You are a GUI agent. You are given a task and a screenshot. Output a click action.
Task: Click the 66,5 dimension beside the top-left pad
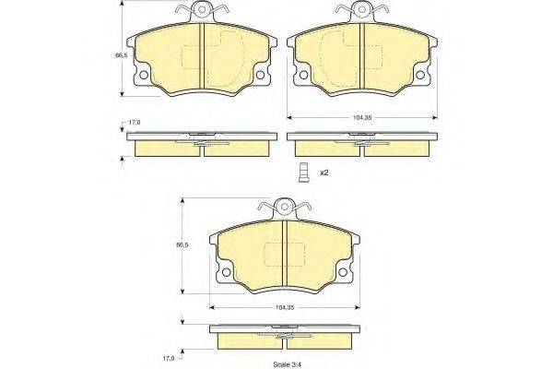pyautogui.click(x=120, y=56)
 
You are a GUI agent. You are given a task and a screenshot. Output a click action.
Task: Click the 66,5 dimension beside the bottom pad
pyautogui.click(x=182, y=244)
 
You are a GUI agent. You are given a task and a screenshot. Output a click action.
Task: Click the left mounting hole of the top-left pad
pyautogui.click(x=143, y=75)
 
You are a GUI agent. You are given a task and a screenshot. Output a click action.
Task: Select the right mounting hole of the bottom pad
pyautogui.click(x=343, y=268)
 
